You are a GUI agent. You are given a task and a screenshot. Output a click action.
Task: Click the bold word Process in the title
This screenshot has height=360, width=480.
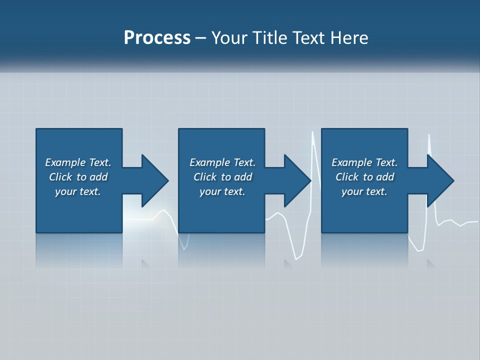(x=157, y=38)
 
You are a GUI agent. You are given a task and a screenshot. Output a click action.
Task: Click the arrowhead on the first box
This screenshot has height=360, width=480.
(x=155, y=180)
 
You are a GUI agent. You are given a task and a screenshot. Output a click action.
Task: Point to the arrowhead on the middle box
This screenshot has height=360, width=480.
(x=297, y=180)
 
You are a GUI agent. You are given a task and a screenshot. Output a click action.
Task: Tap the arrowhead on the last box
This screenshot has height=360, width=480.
(x=440, y=180)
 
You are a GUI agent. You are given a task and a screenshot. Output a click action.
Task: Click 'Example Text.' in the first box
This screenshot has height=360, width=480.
(x=78, y=162)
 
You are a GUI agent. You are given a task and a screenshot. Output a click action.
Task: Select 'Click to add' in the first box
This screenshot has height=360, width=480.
(x=78, y=177)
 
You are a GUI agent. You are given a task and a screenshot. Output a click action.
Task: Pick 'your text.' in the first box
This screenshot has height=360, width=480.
(x=78, y=191)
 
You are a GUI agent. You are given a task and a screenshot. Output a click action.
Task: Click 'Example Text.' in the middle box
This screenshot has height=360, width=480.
(x=222, y=162)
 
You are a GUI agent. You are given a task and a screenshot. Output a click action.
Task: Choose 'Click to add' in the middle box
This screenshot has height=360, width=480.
(x=222, y=177)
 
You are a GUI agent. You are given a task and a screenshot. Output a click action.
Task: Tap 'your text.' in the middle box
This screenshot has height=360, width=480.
(x=222, y=191)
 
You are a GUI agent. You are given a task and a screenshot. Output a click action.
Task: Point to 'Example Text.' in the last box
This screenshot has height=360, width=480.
(x=364, y=162)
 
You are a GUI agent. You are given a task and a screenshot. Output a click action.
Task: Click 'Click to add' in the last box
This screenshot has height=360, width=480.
(x=364, y=177)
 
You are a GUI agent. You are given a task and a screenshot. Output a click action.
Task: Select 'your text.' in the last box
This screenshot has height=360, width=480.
(x=364, y=191)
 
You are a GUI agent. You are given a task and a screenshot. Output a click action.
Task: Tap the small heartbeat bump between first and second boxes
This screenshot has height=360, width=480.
(x=163, y=211)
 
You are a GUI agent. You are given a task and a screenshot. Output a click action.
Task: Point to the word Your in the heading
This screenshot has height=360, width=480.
(x=228, y=38)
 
